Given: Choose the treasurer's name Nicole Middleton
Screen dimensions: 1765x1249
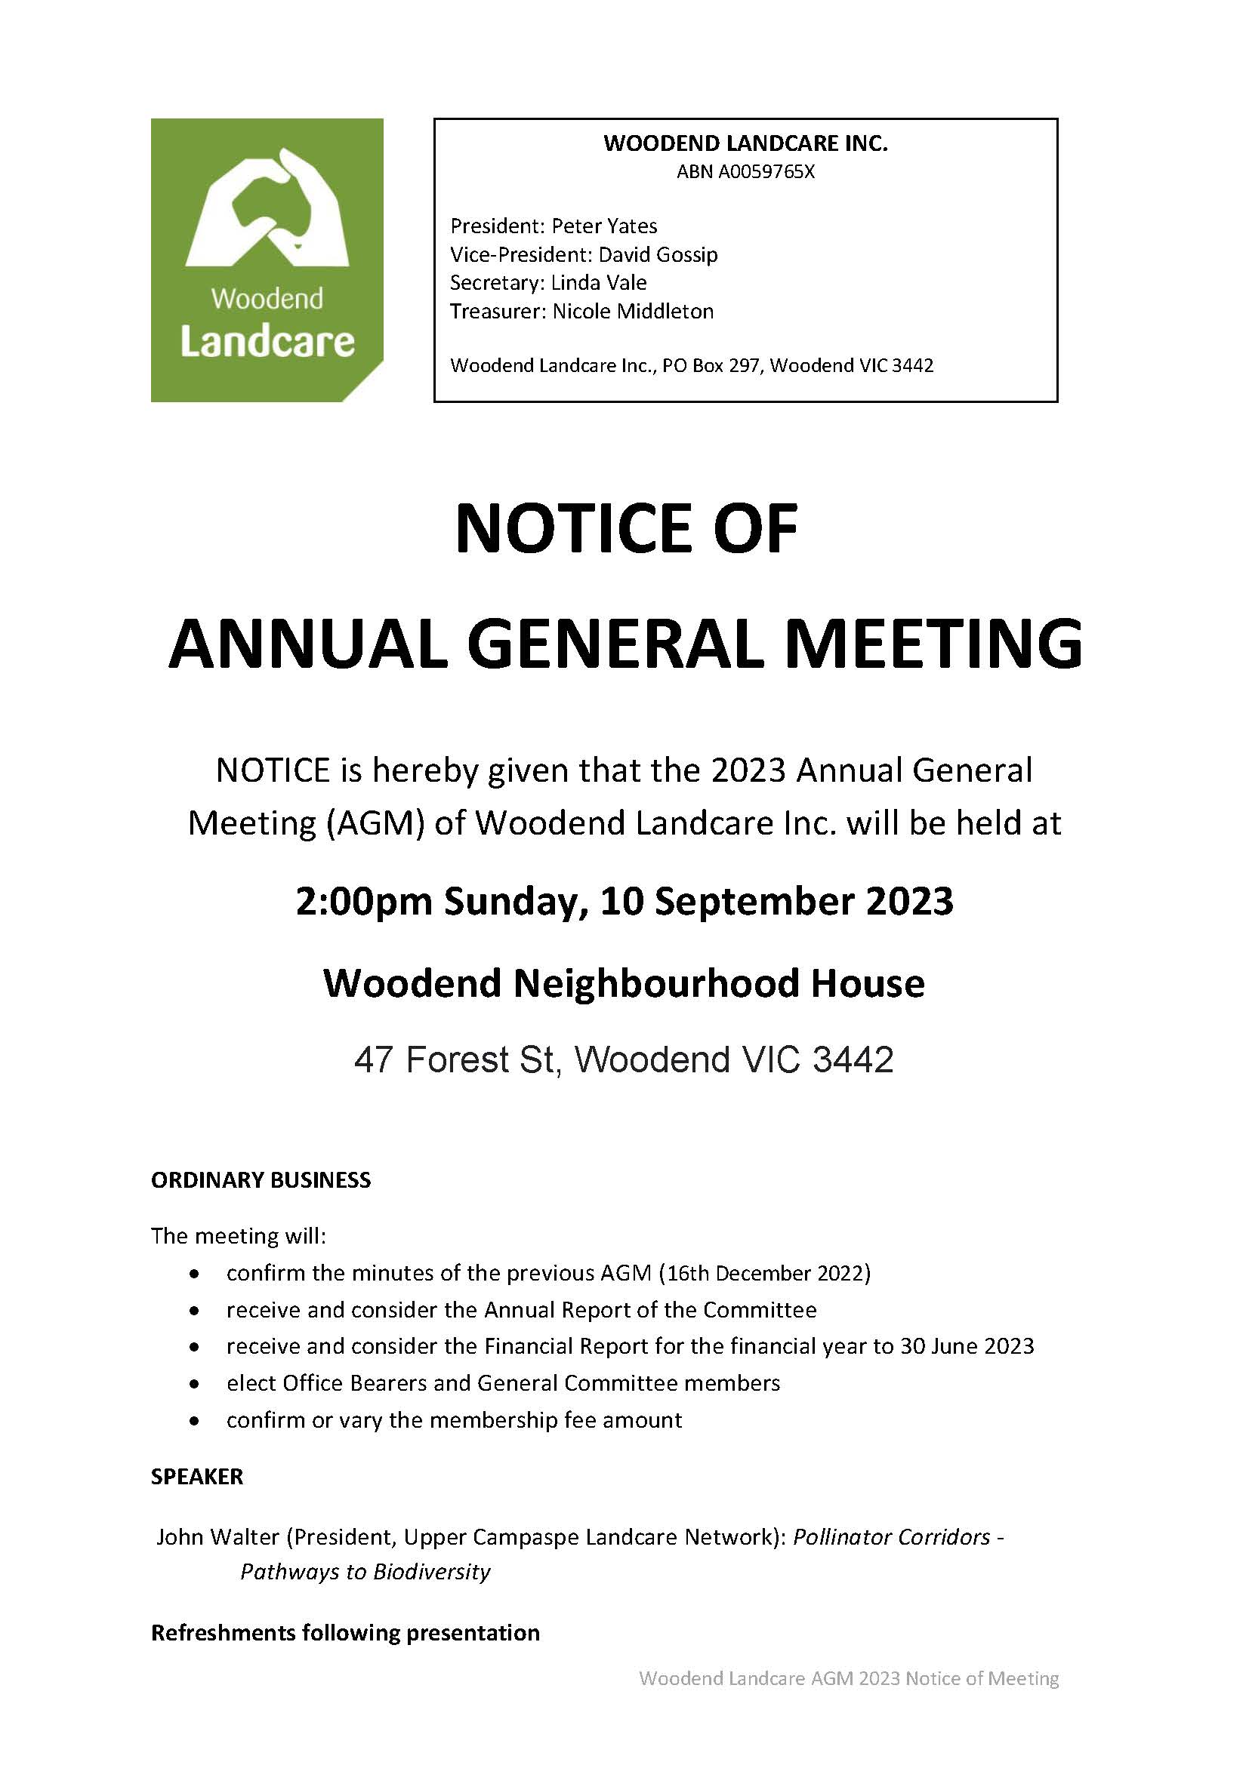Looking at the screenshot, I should coord(633,311).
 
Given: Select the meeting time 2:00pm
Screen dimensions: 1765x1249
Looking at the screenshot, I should coord(365,901).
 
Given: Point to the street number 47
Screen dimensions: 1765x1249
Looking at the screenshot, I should coord(373,1060).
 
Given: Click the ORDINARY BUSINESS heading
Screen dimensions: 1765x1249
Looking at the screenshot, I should coord(261,1180).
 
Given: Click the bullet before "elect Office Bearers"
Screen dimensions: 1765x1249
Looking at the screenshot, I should coord(196,1384).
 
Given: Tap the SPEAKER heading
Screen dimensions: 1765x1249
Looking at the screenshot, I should coord(197,1477).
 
